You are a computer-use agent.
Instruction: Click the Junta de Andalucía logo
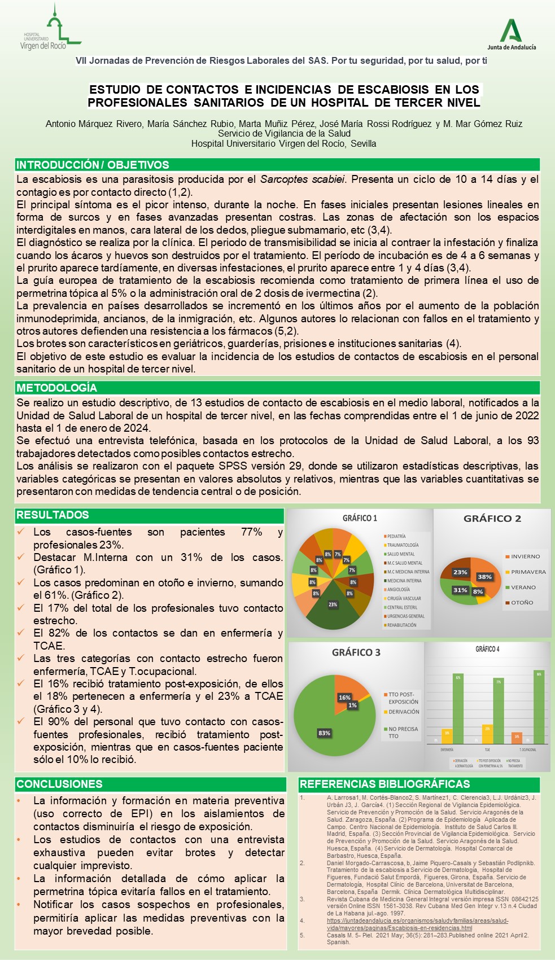pos(512,35)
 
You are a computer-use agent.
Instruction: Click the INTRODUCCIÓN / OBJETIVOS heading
pos(93,165)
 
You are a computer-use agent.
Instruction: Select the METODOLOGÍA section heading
pos(56,388)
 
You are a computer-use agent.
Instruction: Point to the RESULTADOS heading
pos(53,515)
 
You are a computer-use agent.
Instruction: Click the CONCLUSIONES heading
pos(59,784)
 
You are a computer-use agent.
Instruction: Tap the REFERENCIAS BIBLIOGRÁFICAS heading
pos(384,784)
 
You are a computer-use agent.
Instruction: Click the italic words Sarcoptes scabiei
pos(302,179)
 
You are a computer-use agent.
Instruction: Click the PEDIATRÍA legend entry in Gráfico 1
pos(396,536)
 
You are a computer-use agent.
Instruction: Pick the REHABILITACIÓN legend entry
pos(401,625)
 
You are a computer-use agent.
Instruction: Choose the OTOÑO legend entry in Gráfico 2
pos(522,603)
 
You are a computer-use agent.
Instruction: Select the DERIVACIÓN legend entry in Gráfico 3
pos(404,712)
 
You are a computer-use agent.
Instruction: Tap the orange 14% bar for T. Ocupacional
pos(516,738)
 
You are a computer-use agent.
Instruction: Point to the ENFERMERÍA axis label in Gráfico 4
pos(447,749)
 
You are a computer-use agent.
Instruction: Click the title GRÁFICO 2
pos(492,519)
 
